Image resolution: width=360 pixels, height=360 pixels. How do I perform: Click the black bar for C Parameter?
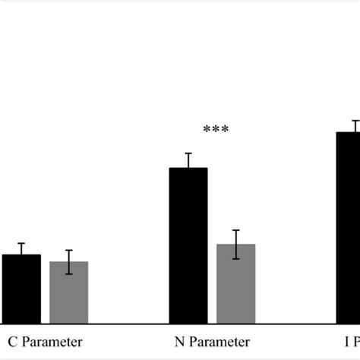pos(21,289)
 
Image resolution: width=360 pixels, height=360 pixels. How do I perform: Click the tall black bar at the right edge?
pos(348,228)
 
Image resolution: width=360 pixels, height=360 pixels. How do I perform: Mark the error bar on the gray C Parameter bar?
pos(68,262)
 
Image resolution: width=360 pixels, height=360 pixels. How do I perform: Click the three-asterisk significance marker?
pos(216,130)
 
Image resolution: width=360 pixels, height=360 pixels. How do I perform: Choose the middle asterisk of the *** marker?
pos(216,130)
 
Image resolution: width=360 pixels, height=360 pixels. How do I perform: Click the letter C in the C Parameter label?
pos(12,342)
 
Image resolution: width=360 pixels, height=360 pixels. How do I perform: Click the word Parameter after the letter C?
pos(52,342)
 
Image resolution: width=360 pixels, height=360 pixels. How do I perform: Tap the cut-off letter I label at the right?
pos(346,342)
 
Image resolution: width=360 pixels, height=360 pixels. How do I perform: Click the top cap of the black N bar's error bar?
pos(188,153)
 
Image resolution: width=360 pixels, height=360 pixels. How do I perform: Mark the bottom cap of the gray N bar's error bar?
pos(235,259)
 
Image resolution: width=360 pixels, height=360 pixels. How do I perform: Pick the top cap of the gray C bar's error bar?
pos(68,250)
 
